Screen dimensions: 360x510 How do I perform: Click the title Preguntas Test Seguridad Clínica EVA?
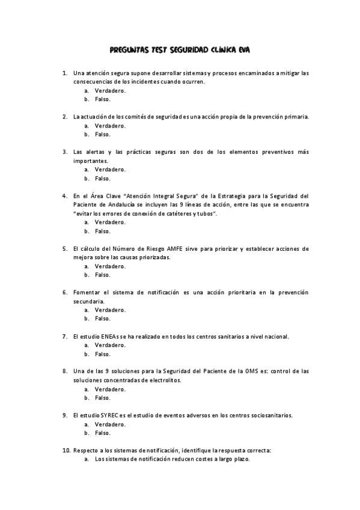(180, 51)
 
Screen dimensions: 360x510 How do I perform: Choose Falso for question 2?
(102, 134)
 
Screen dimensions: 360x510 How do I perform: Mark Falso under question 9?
(102, 432)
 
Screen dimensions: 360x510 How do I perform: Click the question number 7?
(65, 336)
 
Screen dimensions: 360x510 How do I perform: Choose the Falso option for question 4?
(102, 231)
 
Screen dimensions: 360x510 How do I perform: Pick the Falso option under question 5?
(102, 275)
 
